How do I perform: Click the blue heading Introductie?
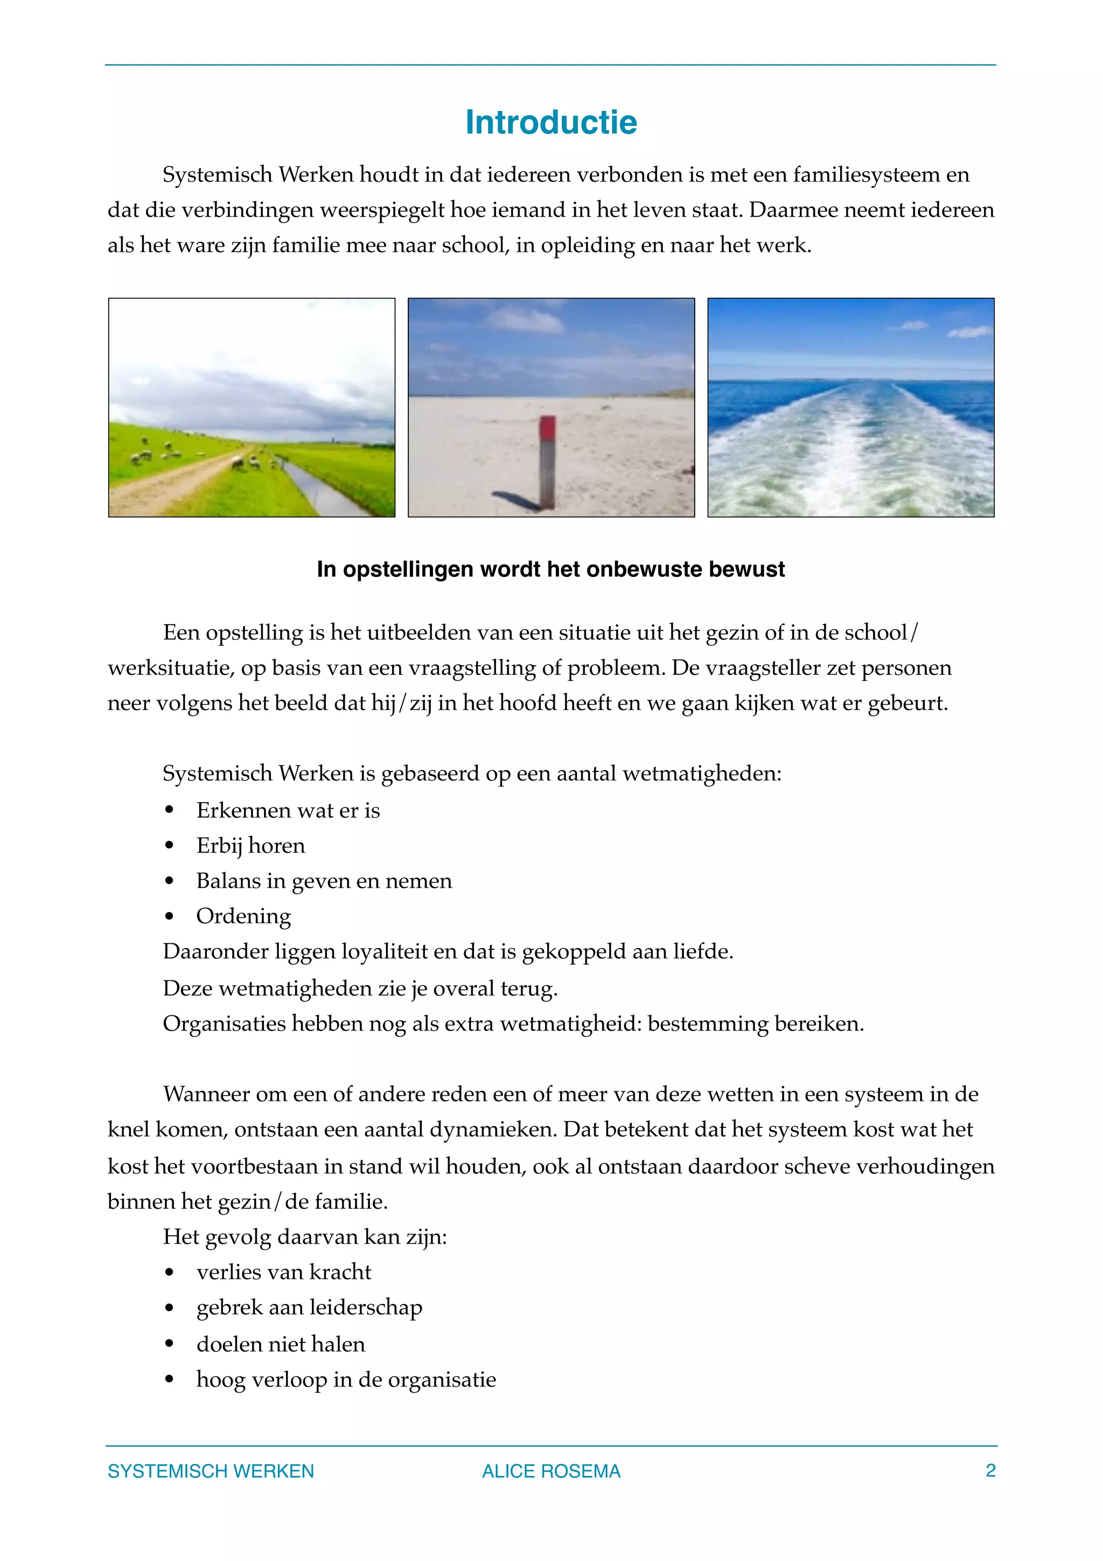coord(550,123)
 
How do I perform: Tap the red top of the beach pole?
coord(548,428)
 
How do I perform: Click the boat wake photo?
coord(850,408)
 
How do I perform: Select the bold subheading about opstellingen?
coord(550,569)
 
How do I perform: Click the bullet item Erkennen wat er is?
coord(288,811)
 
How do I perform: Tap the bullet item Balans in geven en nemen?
coord(324,881)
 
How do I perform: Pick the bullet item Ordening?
coord(243,916)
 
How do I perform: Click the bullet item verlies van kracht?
coord(283,1272)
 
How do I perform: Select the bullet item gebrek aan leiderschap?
coord(309,1307)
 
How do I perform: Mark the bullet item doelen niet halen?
coord(280,1344)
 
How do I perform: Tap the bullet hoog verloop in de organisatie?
coord(346,1379)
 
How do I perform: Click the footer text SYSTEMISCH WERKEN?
coord(211,1471)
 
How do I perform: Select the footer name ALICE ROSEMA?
coord(550,1471)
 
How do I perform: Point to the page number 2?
coord(990,1471)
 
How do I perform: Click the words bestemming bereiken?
coord(755,1024)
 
